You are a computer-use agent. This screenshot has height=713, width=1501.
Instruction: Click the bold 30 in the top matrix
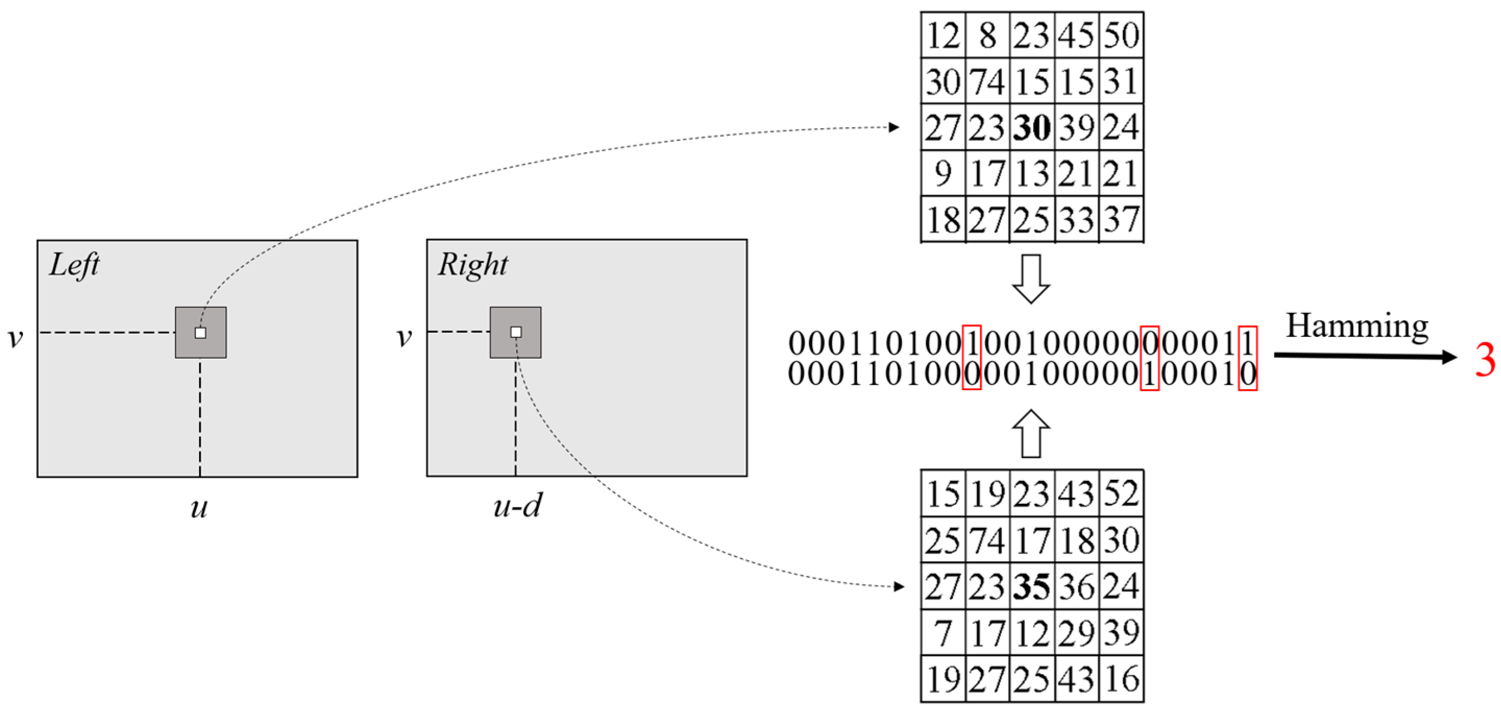[x=1032, y=128]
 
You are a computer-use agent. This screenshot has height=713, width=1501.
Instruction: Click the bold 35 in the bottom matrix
[x=1032, y=586]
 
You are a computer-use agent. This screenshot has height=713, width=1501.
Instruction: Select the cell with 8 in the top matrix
[x=987, y=35]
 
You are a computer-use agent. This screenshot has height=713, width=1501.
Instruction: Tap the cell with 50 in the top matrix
[x=1121, y=35]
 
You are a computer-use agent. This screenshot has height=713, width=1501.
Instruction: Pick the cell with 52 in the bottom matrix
[x=1121, y=494]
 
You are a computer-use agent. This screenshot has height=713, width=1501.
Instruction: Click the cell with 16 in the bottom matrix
[x=1121, y=679]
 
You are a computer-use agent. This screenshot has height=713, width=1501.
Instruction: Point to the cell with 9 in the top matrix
[x=943, y=174]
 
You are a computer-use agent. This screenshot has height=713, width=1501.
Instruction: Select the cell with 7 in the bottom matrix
[x=943, y=633]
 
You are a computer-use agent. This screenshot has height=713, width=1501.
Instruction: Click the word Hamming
[x=1357, y=327]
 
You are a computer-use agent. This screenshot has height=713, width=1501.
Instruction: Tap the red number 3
[x=1485, y=360]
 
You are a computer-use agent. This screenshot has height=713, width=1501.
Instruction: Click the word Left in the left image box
[x=74, y=265]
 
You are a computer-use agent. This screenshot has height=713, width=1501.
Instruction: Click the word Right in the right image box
[x=473, y=265]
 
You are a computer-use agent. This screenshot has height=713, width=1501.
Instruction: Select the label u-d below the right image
[x=518, y=506]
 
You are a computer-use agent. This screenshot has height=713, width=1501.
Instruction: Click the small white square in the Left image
[x=201, y=333]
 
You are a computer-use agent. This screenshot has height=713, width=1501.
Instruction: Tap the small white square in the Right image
[x=515, y=332]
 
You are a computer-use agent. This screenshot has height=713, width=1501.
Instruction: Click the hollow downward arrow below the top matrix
[x=1031, y=279]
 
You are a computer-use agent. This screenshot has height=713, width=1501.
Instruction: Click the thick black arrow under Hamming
[x=1363, y=356]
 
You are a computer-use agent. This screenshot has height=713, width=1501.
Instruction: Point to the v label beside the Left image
[x=16, y=337]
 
